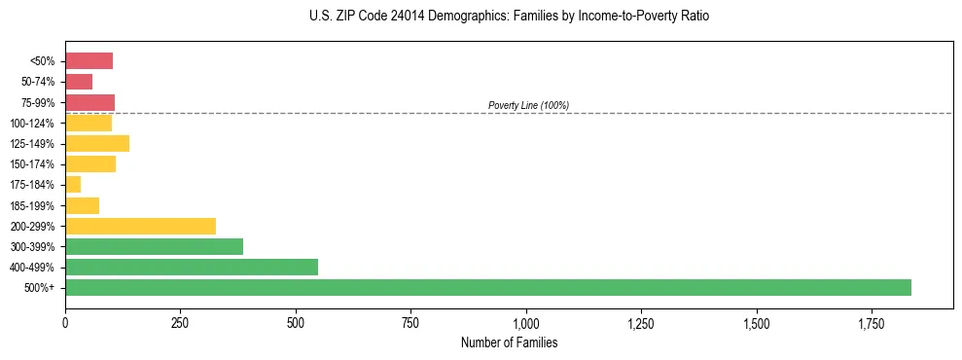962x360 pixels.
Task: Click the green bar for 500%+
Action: coord(487,287)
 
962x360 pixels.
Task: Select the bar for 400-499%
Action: coord(192,267)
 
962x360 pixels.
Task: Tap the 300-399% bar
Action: coord(154,246)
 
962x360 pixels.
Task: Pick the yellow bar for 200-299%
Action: coord(140,226)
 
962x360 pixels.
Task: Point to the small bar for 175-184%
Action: coord(73,184)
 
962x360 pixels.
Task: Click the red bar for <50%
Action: coord(89,61)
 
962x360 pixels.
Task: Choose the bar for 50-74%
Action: coord(79,82)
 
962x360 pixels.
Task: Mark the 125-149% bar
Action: coord(97,143)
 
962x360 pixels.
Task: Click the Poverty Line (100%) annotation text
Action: coord(528,105)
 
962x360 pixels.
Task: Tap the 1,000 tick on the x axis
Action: coord(525,322)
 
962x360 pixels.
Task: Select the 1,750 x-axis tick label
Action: coord(756,322)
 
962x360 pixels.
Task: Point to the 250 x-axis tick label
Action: coord(180,322)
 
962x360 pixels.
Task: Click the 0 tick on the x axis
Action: coord(65,322)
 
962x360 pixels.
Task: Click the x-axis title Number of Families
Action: coord(509,342)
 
